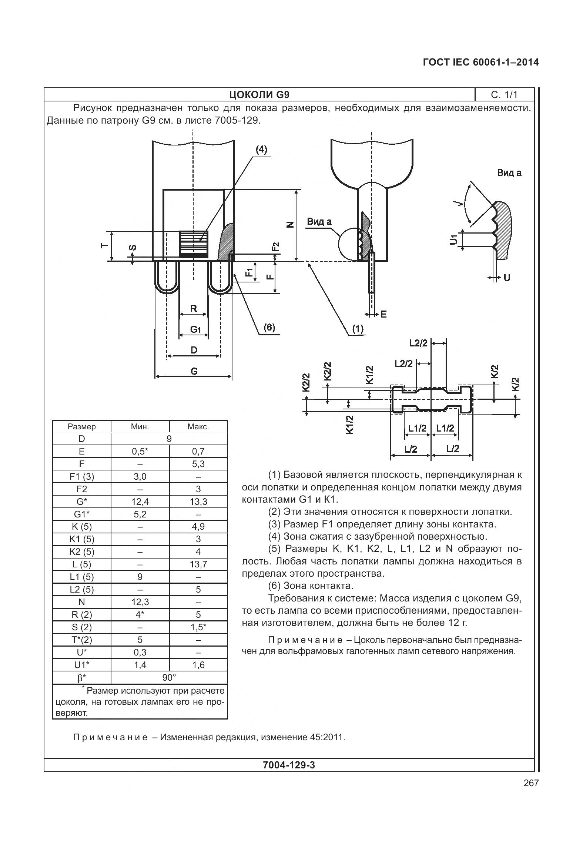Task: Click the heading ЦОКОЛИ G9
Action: tap(259, 95)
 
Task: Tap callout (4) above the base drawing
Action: tap(261, 150)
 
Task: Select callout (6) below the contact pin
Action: tap(269, 327)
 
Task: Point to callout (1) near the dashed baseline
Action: tap(357, 329)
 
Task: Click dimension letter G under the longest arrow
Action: tap(194, 371)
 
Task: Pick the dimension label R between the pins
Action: tap(193, 308)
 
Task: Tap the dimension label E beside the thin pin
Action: tap(383, 314)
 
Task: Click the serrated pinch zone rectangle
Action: tap(194, 243)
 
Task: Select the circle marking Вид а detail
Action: tap(350, 244)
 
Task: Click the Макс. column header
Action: tap(198, 426)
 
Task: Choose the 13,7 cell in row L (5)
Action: tap(198, 564)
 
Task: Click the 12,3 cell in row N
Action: tap(140, 602)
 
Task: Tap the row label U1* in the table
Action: tap(82, 665)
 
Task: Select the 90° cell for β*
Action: tap(169, 677)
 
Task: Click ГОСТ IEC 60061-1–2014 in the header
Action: tap(480, 62)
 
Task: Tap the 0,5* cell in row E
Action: tap(140, 451)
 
